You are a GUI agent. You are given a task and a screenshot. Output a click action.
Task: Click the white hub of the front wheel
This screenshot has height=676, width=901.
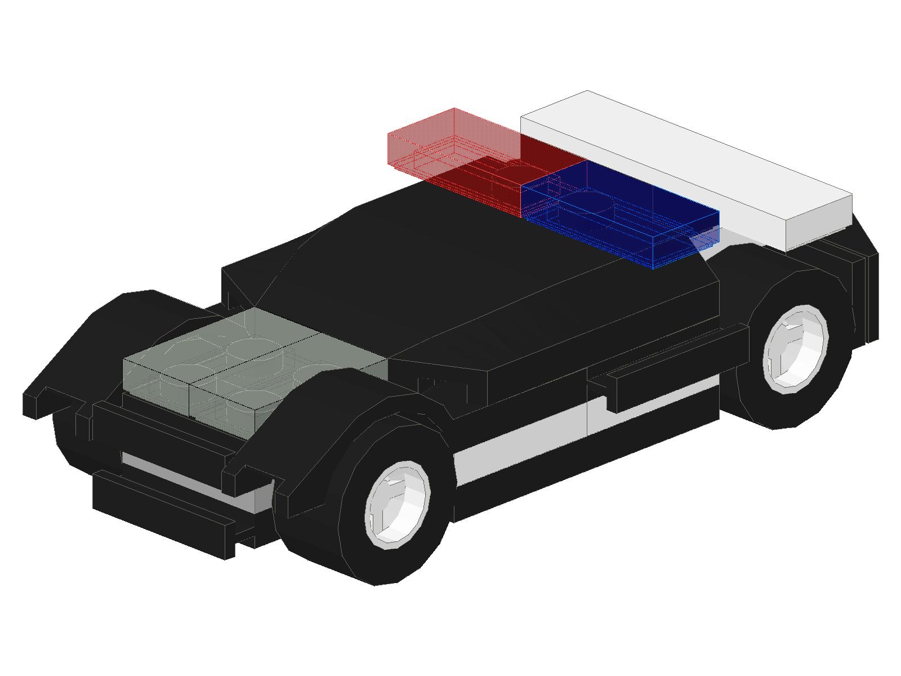coord(398,505)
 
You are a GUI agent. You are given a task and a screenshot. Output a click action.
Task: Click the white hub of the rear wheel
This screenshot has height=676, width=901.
coord(795,347)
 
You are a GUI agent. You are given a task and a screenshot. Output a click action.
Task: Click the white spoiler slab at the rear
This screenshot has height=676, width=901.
coord(676,152)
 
